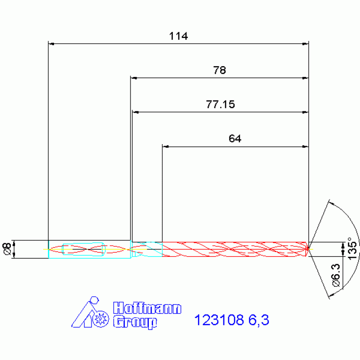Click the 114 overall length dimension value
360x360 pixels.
(x=178, y=36)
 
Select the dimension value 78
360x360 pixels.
(x=220, y=70)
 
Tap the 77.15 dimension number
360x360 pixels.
(x=221, y=105)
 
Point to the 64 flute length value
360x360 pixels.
(x=235, y=138)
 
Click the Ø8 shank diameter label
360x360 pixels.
(x=7, y=249)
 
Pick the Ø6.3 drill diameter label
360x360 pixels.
(x=336, y=275)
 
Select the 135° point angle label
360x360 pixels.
(x=352, y=248)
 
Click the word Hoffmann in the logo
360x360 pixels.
(x=147, y=308)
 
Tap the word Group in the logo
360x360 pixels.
(x=135, y=322)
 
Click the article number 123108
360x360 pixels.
(x=219, y=320)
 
